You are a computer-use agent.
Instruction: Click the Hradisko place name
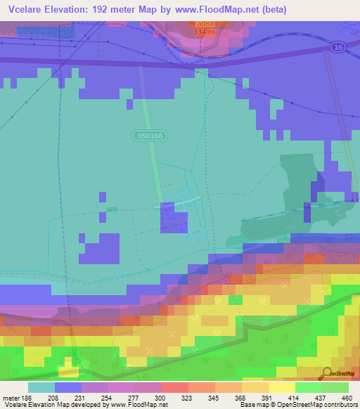coord(202,23)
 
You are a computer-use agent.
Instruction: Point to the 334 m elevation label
coord(202,32)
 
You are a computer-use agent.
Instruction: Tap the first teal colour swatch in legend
coord(41,387)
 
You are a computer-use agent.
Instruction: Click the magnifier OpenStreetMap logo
coord(326,373)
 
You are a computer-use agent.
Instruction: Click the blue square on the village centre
coord(174,217)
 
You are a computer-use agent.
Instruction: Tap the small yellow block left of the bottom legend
coord(69,363)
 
